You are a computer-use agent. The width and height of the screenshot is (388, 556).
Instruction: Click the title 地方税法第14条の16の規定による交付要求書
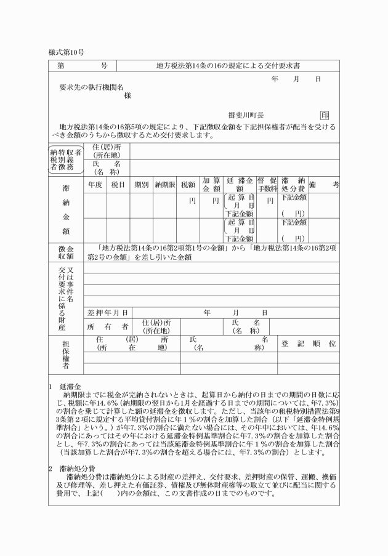tap(227, 65)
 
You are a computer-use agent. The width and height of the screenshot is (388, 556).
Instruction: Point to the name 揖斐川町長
tap(246, 115)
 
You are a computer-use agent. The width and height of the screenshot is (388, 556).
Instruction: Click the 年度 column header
tap(95, 184)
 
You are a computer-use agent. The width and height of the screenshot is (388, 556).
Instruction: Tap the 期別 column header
tap(141, 184)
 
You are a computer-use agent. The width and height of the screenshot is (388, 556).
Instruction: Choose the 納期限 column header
tap(166, 184)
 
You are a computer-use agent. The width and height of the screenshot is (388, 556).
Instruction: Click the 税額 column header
tap(188, 184)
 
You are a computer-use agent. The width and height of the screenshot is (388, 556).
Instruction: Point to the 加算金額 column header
tap(211, 184)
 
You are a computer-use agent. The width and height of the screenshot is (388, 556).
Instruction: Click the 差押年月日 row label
tap(108, 312)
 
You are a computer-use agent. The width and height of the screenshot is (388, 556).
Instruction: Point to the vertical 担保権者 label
tap(65, 355)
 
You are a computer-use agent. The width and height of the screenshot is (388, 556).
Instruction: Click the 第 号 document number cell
tap(83, 65)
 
